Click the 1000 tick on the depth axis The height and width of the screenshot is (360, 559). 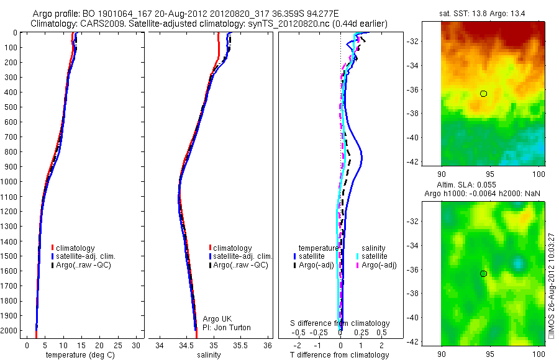click(11, 182)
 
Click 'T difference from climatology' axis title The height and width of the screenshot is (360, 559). click(340, 355)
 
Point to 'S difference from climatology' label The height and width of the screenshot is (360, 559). click(340, 323)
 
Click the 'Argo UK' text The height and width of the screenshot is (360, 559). click(217, 319)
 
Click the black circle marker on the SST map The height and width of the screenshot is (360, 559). click(483, 94)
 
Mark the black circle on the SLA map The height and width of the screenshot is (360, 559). click(483, 274)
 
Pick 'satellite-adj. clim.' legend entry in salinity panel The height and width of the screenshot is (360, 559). click(242, 256)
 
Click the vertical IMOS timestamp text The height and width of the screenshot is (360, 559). click(552, 286)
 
